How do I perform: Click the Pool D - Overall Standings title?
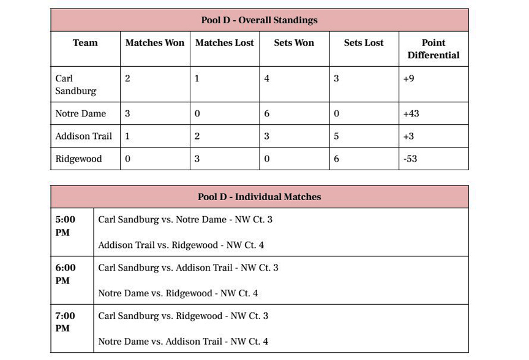pos(259,20)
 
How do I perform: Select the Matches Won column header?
pos(154,43)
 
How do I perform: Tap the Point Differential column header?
pos(433,49)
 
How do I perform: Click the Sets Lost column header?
pos(363,43)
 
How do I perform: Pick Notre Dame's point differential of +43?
pos(411,114)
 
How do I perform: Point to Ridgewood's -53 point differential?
pos(410,159)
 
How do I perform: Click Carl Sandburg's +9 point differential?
pos(408,79)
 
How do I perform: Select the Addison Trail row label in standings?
pos(83,137)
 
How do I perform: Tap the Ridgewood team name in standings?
pos(78,159)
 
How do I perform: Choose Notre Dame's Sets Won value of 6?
pos(266,114)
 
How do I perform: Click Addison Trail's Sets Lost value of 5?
pos(336,137)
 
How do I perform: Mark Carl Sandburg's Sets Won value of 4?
pos(267,79)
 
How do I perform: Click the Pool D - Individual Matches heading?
pos(259,197)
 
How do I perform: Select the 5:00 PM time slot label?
pos(66,226)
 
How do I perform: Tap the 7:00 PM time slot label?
pos(66,322)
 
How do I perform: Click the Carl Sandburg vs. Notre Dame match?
pos(185,219)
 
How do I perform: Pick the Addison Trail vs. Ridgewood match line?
pos(181,245)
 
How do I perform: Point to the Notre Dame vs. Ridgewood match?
pos(178,293)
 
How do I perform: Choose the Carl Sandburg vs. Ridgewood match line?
pos(183,316)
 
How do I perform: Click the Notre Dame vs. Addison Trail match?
pos(183,342)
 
